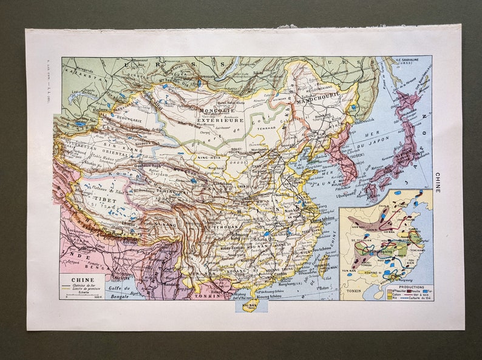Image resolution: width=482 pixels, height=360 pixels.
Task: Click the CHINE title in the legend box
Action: pyautogui.click(x=80, y=280)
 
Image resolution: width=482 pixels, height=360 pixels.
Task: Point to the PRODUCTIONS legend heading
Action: pyautogui.click(x=407, y=287)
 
